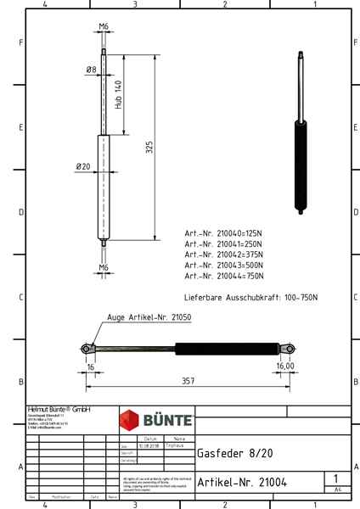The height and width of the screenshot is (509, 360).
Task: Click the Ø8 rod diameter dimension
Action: click(x=91, y=70)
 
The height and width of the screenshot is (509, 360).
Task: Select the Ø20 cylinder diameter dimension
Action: click(x=83, y=167)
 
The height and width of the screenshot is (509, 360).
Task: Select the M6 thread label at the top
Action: click(x=103, y=26)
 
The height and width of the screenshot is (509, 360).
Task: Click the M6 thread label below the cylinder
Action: click(x=103, y=267)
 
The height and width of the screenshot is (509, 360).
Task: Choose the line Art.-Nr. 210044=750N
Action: click(x=223, y=277)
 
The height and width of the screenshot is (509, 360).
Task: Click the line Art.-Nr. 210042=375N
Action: click(x=223, y=255)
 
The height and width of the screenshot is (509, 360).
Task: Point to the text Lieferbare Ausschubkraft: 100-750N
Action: click(x=243, y=299)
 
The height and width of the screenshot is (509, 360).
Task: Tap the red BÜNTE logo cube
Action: click(x=128, y=421)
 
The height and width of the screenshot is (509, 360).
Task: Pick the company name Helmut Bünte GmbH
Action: click(x=59, y=409)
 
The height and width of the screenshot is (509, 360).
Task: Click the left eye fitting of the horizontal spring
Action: click(x=87, y=348)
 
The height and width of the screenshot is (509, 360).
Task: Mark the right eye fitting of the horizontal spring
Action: click(x=289, y=348)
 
